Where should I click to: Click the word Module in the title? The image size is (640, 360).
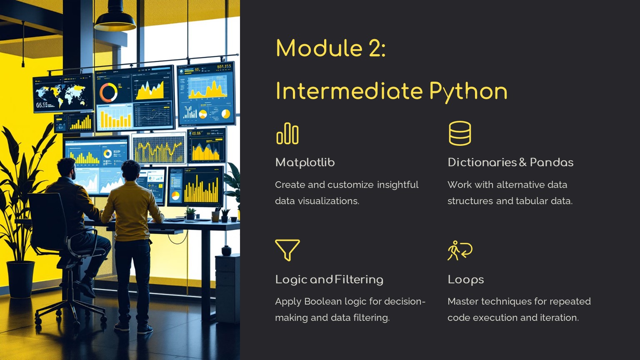(x=320, y=48)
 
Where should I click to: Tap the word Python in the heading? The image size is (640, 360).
(x=468, y=92)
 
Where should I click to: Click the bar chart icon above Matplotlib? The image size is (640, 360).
(x=287, y=133)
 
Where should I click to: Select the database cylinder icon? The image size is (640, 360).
(x=460, y=133)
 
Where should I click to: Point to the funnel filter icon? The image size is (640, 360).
(x=287, y=250)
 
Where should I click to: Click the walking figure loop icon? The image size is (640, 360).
(x=460, y=250)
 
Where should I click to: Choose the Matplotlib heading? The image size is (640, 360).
(x=305, y=162)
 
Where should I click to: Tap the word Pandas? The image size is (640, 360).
(x=551, y=162)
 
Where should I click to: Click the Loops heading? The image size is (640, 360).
(x=466, y=280)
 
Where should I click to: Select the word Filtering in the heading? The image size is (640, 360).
(x=359, y=280)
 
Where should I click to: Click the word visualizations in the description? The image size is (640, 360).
(x=329, y=201)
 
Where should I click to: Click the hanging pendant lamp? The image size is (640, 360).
(x=115, y=19)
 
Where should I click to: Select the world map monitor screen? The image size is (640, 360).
(x=63, y=93)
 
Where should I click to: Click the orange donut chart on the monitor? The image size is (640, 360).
(x=109, y=92)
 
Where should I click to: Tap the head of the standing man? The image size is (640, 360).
(x=131, y=170)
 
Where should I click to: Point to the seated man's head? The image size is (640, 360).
(x=66, y=168)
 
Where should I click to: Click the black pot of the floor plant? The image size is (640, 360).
(x=20, y=279)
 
